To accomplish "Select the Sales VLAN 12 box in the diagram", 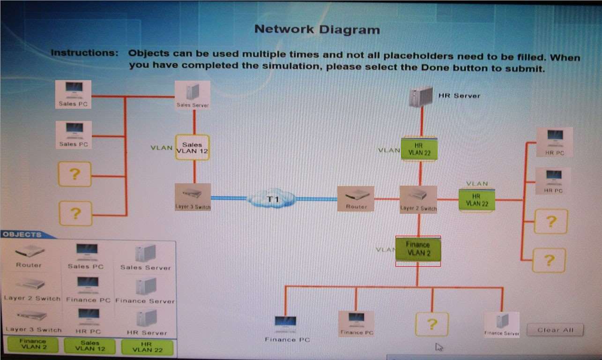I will point(192,148).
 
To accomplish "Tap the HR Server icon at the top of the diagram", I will point(420,97).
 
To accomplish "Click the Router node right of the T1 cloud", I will point(356,198).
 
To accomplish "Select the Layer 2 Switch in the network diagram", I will point(418,199).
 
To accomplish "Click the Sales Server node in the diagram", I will point(192,95).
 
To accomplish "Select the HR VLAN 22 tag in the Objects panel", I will point(147,347).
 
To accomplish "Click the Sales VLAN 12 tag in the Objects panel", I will point(89,346).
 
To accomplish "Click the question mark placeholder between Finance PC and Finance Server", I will point(431,324).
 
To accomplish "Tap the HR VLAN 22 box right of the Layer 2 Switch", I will point(476,200).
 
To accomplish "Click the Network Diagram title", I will point(317,30).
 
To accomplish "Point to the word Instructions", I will point(84,52).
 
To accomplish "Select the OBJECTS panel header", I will point(22,234).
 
